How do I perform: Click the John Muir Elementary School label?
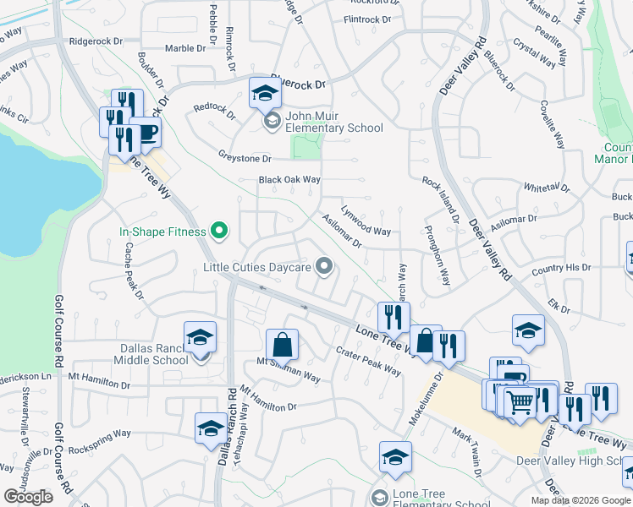(x=334, y=122)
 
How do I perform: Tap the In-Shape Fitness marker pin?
(x=219, y=230)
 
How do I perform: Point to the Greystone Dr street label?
(x=244, y=158)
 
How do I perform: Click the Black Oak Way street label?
(x=289, y=180)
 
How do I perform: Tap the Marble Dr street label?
(x=185, y=48)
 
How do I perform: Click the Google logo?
(x=28, y=497)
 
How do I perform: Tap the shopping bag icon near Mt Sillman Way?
(x=282, y=344)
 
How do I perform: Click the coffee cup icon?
(x=145, y=132)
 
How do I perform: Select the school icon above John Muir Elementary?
(x=264, y=93)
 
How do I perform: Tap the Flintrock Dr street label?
(x=368, y=19)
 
